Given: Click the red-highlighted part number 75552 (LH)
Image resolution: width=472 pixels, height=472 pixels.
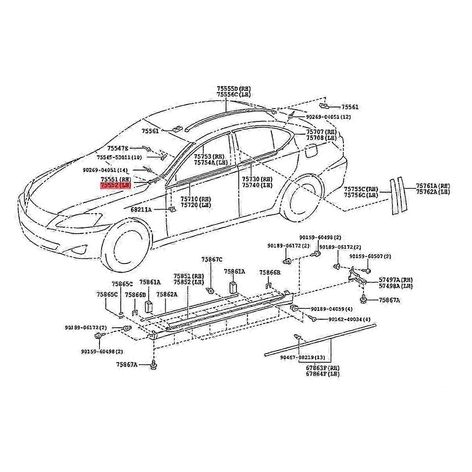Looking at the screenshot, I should pos(115,185).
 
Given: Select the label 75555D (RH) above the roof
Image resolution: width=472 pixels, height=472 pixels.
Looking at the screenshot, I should pos(233,89).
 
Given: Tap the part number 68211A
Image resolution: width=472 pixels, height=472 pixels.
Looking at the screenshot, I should pos(141,210).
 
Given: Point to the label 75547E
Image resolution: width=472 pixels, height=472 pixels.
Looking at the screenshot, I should pos(118,148).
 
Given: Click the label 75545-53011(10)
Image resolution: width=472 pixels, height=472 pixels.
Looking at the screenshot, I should pos(119,157).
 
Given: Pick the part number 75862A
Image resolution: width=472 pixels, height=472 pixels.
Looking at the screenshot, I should pos(167,294).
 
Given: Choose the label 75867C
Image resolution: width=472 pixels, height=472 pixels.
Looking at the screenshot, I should pos(212,259).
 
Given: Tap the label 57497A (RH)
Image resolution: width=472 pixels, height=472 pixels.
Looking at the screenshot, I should pos(396,280).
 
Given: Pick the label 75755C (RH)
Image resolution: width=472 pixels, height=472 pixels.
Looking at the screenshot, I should pos(361,189).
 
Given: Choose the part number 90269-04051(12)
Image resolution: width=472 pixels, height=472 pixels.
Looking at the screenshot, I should pos(328,117).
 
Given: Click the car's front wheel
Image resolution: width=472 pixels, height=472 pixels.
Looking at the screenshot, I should pos(125,247).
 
